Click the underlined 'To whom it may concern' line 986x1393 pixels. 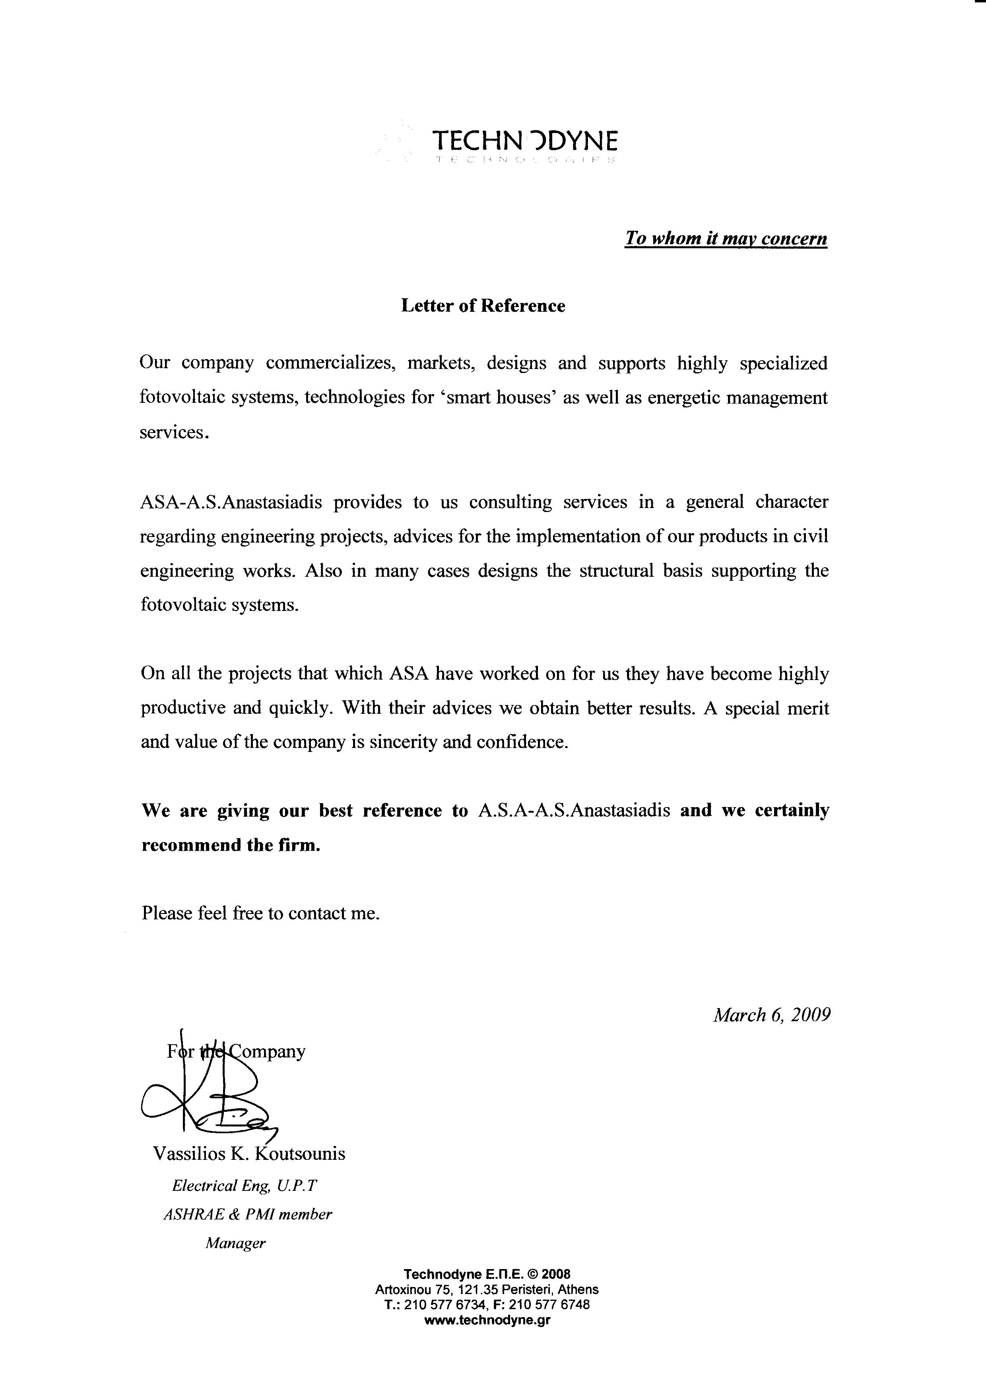726,238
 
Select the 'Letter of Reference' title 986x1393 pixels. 483,306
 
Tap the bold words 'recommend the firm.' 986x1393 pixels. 231,845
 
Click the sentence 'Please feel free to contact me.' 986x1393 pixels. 260,913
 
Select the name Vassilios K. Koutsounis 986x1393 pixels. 249,1153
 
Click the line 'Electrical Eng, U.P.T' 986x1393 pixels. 245,1186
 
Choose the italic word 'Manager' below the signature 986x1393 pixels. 236,1243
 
